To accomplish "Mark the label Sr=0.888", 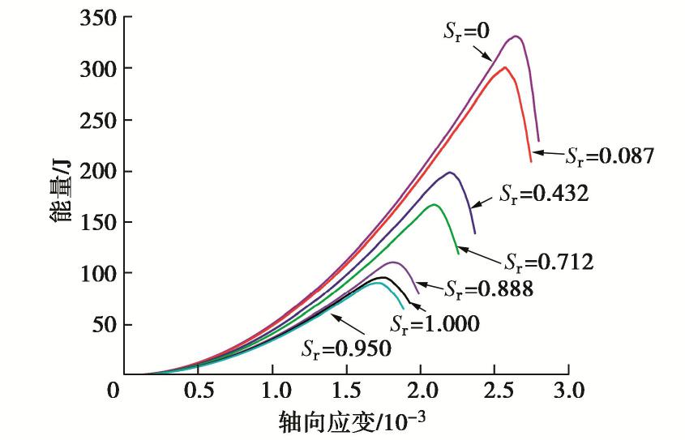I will [489, 287].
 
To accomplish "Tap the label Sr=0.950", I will [346, 349].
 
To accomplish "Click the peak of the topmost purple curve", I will [515, 36].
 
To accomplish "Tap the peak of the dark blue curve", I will [448, 172].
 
